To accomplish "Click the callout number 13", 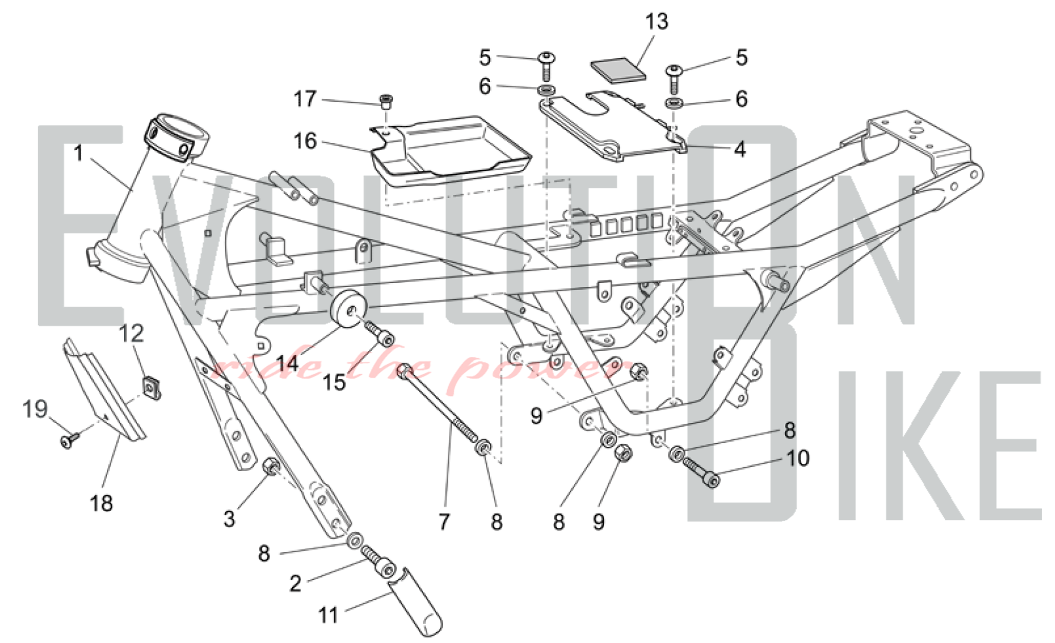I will click(657, 22).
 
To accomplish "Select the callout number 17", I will click(305, 99).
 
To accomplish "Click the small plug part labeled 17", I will click(387, 101).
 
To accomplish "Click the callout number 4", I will click(740, 150).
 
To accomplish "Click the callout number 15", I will click(334, 382).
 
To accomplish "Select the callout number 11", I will click(328, 615).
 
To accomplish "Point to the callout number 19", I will click(35, 409).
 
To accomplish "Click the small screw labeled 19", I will click(69, 440).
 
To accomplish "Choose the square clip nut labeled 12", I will click(151, 388).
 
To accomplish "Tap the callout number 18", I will click(101, 503).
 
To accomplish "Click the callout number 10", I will click(797, 459).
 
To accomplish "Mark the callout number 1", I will click(79, 154).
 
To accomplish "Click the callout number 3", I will click(229, 519).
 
